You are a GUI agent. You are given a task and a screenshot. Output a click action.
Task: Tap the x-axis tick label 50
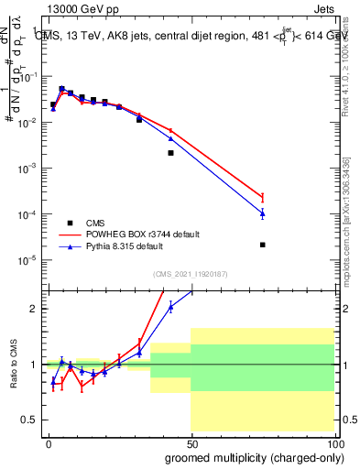(191, 442)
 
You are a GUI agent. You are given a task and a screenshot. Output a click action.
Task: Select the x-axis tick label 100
(335, 442)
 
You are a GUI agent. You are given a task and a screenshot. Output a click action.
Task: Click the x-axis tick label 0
(49, 442)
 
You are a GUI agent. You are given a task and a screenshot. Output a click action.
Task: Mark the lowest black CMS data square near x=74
(262, 245)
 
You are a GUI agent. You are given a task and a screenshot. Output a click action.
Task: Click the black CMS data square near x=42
(170, 153)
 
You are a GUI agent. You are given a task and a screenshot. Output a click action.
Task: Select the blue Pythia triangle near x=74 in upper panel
(262, 213)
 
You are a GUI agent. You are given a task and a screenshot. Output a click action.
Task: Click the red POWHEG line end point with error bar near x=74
(262, 197)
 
